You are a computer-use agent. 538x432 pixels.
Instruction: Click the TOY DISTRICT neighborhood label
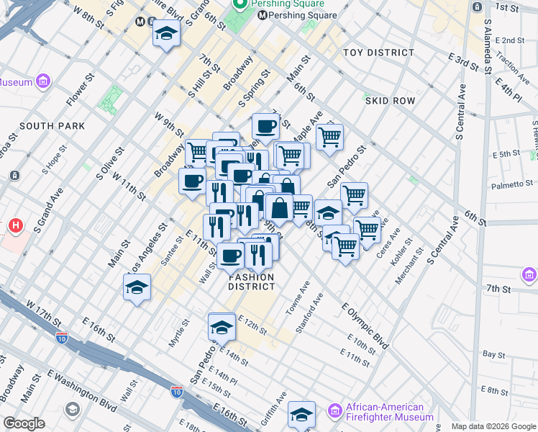pyautogui.click(x=378, y=53)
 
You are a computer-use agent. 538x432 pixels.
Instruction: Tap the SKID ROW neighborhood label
pyautogui.click(x=390, y=101)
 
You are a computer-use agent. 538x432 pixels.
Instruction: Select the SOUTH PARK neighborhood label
pyautogui.click(x=53, y=126)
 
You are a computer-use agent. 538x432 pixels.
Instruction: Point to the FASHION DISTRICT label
pyautogui.click(x=252, y=282)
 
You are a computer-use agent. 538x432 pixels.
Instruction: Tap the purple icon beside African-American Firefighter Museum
pyautogui.click(x=334, y=411)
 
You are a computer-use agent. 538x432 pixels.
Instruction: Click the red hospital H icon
pyautogui.click(x=15, y=227)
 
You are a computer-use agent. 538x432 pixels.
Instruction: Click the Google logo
pyautogui.click(x=24, y=423)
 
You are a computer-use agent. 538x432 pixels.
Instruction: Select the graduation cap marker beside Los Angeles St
pyautogui.click(x=137, y=287)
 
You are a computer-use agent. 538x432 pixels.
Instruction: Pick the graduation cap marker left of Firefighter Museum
pyautogui.click(x=301, y=415)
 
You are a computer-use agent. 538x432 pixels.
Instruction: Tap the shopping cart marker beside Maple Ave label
pyautogui.click(x=329, y=136)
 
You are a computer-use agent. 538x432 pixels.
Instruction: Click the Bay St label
pyautogui.click(x=493, y=354)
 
